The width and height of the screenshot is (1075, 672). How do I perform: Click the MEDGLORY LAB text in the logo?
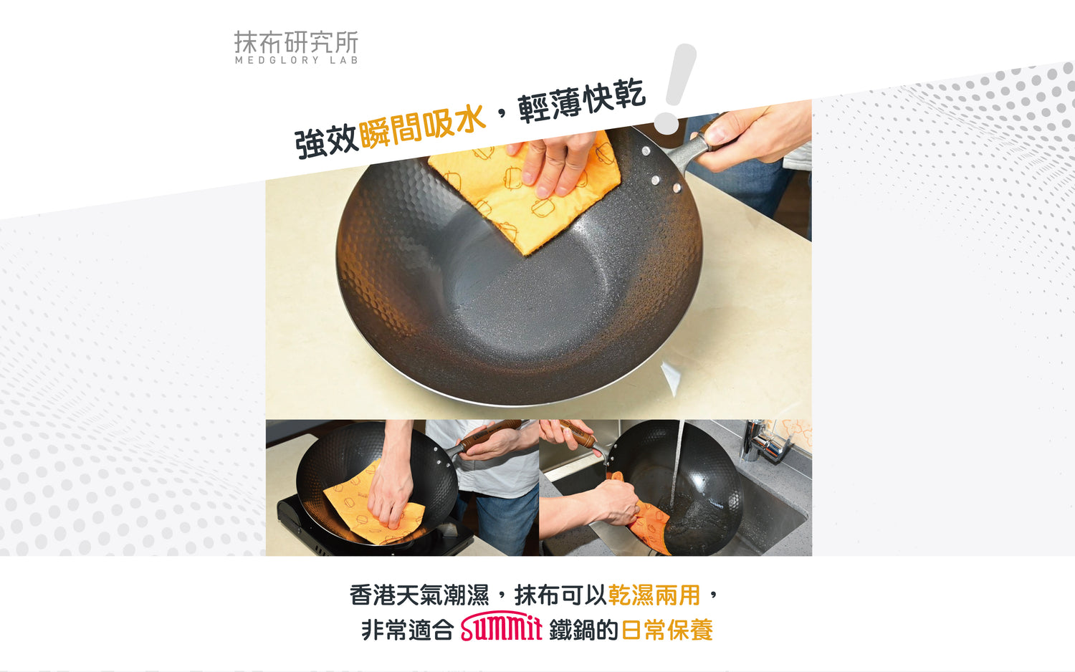(x=296, y=60)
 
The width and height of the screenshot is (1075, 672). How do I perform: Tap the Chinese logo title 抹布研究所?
(x=296, y=42)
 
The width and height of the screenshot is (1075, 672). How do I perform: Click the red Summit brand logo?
(x=502, y=626)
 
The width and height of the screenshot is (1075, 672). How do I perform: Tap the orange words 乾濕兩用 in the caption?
(x=654, y=595)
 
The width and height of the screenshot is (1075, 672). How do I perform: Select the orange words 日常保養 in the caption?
(x=667, y=630)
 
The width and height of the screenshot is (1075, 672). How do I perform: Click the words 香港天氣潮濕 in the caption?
(x=419, y=595)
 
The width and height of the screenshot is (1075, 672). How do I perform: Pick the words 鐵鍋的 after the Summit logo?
(x=583, y=630)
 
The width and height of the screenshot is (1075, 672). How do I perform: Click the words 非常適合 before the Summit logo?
(x=408, y=630)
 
